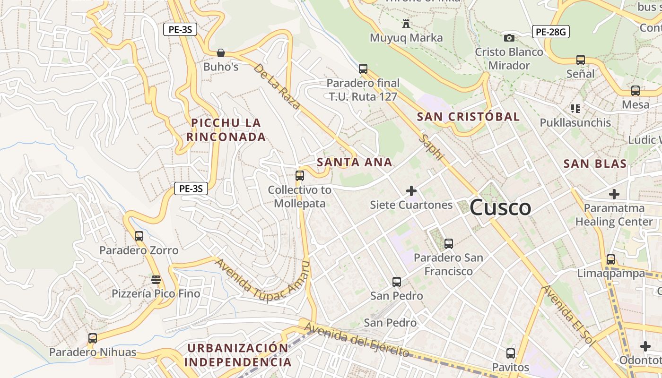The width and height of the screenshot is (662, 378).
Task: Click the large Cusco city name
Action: (500, 208)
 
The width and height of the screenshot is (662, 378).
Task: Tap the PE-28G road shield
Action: (550, 32)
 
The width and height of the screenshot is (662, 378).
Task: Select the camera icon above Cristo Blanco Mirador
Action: (509, 38)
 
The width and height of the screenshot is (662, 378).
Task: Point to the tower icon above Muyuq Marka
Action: (406, 23)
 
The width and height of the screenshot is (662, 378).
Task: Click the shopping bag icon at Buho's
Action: (220, 52)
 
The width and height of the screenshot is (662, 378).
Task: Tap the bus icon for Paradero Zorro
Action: (139, 236)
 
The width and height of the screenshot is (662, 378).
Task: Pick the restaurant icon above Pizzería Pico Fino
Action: (156, 279)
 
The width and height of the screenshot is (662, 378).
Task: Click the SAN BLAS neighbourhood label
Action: (595, 164)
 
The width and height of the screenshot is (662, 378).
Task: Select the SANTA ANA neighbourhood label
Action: (355, 162)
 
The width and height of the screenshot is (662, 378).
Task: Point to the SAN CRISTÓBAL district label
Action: (468, 116)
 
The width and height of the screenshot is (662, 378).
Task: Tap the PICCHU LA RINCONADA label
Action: (226, 130)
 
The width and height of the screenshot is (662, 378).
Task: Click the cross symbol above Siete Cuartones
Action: (411, 191)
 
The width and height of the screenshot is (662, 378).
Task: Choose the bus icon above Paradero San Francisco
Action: (448, 244)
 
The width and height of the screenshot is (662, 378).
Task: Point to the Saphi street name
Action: (432, 147)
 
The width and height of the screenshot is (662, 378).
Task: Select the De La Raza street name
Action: (277, 86)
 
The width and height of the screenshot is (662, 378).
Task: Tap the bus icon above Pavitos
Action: (510, 353)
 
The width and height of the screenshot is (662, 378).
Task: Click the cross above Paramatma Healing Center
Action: (614, 194)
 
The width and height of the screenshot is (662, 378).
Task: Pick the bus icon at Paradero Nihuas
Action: (93, 338)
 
